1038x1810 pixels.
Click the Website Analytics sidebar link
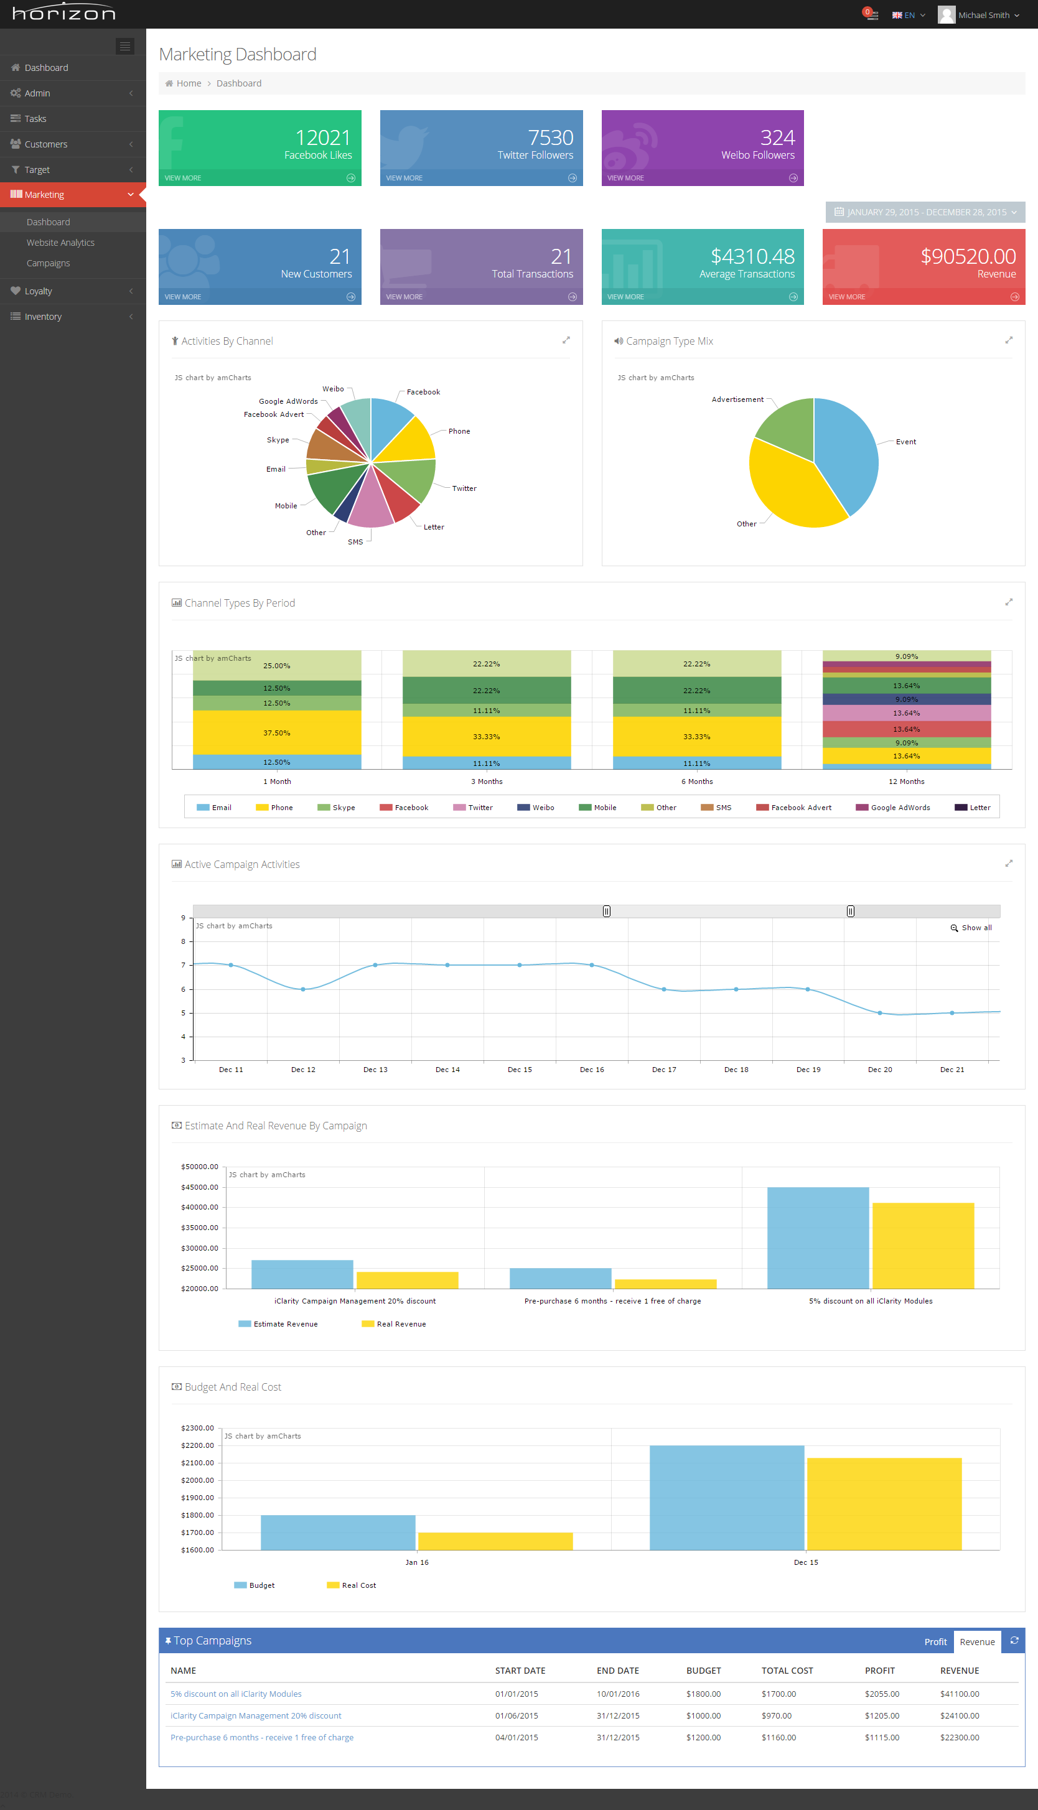pyautogui.click(x=60, y=242)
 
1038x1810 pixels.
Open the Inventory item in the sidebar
pyautogui.click(x=43, y=317)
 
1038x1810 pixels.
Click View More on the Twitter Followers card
pyautogui.click(x=404, y=178)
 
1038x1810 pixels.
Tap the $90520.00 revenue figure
pyautogui.click(x=968, y=256)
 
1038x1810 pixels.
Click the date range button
pyautogui.click(x=925, y=212)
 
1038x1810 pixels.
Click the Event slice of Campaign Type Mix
pyautogui.click(x=848, y=456)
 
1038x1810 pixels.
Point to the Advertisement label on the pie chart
pyautogui.click(x=737, y=399)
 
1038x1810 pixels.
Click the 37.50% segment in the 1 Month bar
pyautogui.click(x=276, y=732)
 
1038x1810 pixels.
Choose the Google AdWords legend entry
pyautogui.click(x=900, y=808)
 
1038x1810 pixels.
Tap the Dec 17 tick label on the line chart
pyautogui.click(x=664, y=1070)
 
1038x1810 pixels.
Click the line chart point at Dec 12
pyautogui.click(x=303, y=989)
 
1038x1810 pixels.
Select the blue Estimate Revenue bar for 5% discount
pyautogui.click(x=818, y=1238)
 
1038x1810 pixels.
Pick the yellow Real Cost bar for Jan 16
pyautogui.click(x=495, y=1541)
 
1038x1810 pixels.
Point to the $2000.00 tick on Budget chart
pyautogui.click(x=197, y=1480)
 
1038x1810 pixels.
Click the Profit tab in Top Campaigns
pyautogui.click(x=935, y=1641)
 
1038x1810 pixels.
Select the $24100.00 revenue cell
pyautogui.click(x=959, y=1716)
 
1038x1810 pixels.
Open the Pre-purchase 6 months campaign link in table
pyautogui.click(x=261, y=1737)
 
